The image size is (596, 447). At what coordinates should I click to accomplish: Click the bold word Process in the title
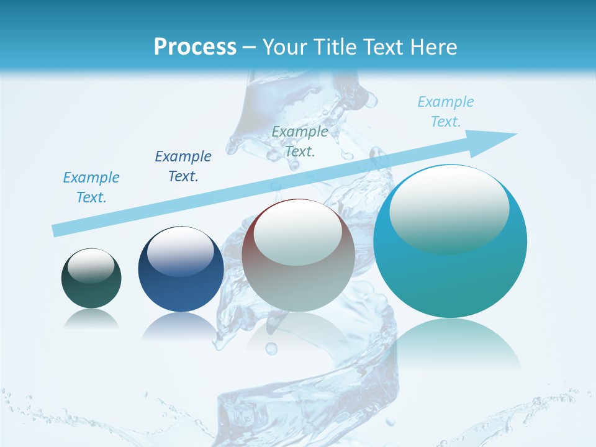click(195, 47)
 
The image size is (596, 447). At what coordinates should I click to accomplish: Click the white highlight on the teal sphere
click(449, 208)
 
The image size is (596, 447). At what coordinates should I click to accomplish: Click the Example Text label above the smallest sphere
click(91, 187)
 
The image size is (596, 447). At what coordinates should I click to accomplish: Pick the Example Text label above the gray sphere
click(300, 141)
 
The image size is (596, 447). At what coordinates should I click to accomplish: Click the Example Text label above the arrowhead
click(446, 112)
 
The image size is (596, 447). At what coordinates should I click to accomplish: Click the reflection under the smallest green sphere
click(91, 319)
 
